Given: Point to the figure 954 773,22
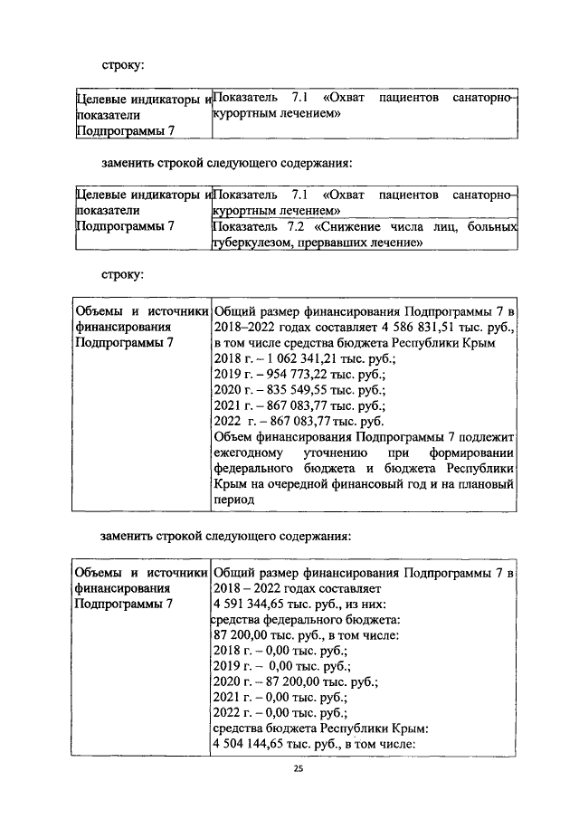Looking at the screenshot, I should [x=294, y=375].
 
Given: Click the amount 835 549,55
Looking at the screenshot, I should [x=294, y=390].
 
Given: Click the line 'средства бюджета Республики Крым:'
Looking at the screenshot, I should [x=320, y=727].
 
